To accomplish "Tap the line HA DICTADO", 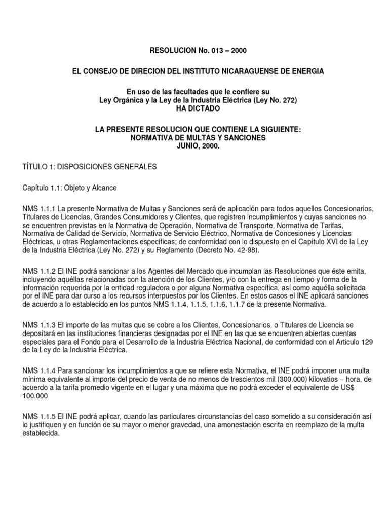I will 198,108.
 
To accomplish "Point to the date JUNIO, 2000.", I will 198,145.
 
